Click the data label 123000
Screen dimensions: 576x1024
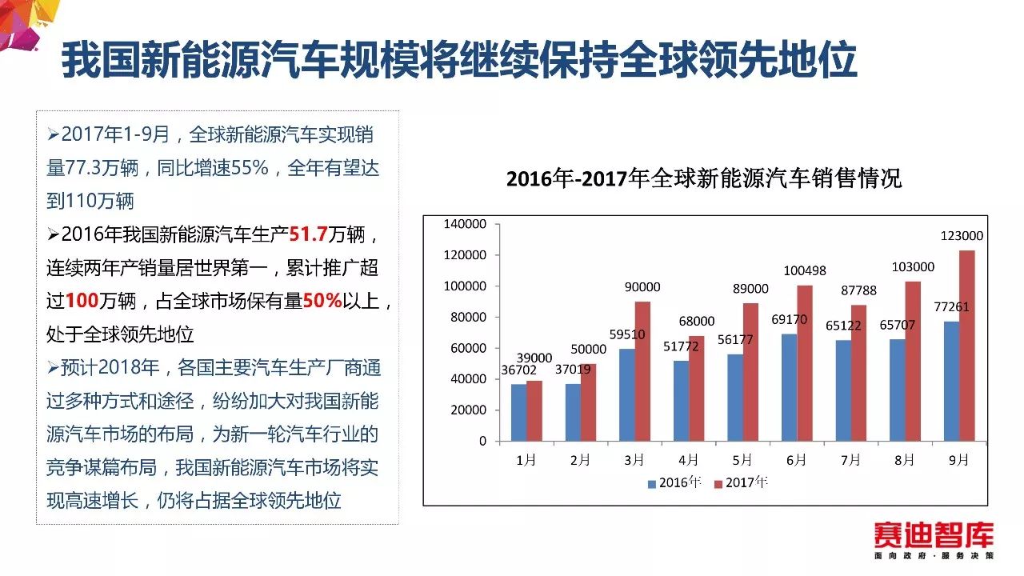962,236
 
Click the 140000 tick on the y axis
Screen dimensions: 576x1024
465,225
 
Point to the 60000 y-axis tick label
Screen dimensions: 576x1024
468,348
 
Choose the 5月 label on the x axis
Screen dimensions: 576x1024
742,460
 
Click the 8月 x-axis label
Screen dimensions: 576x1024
905,460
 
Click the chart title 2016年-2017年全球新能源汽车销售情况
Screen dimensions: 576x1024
704,178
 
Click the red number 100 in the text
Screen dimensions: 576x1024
81,301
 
